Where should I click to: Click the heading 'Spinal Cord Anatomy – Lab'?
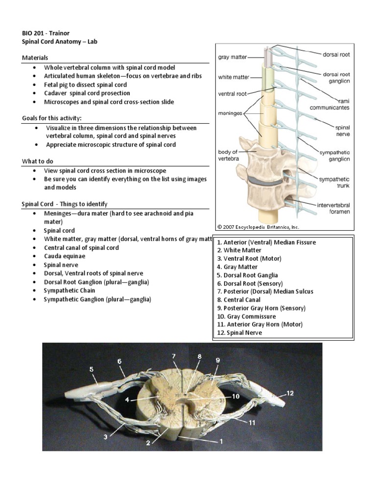click(60, 42)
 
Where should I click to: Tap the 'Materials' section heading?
click(35, 58)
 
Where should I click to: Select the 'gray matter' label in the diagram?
click(232, 57)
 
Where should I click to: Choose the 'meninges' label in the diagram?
click(231, 112)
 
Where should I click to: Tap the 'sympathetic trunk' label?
click(334, 182)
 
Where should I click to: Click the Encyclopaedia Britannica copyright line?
click(258, 227)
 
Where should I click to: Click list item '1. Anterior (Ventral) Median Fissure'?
click(266, 242)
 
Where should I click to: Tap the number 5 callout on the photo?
click(92, 370)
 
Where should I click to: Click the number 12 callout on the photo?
click(290, 393)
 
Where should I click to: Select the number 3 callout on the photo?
click(105, 437)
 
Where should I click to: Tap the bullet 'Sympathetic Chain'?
click(71, 291)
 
